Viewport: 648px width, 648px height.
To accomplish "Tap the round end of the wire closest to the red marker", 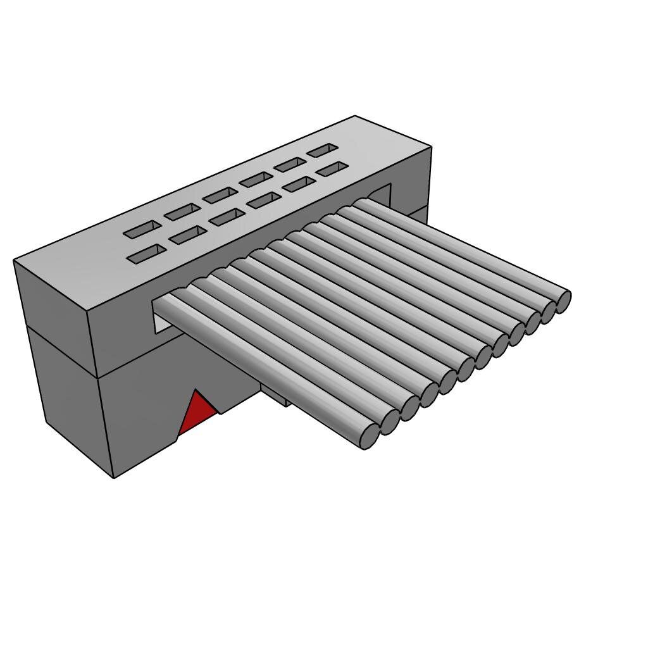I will tap(369, 436).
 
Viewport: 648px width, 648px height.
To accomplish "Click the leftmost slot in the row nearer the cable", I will tap(146, 254).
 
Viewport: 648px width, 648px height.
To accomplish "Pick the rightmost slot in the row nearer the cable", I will tap(332, 169).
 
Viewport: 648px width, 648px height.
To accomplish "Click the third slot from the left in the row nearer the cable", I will tap(227, 217).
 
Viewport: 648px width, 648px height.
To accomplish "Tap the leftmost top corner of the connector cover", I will tap(14, 260).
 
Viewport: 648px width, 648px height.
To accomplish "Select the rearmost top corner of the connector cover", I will tap(355, 116).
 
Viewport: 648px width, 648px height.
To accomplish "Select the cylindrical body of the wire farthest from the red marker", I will tap(462, 247).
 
